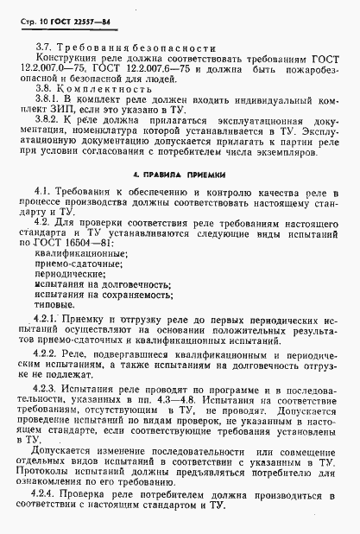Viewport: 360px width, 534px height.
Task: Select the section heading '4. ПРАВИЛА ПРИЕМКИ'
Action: point(180,200)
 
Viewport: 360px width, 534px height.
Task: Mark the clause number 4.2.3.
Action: point(46,414)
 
